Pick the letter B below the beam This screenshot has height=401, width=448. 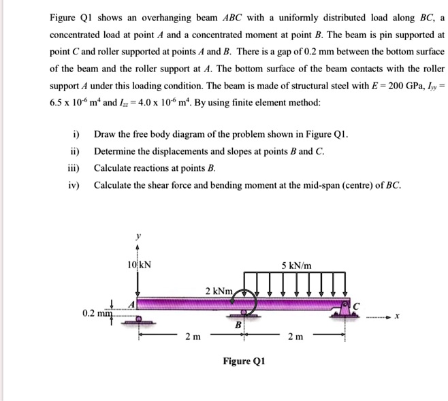click(238, 325)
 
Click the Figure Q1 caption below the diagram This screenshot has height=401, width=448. click(243, 361)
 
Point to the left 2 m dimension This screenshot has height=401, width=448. click(193, 336)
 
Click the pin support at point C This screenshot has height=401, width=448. click(342, 311)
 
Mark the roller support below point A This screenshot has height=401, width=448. click(138, 320)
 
